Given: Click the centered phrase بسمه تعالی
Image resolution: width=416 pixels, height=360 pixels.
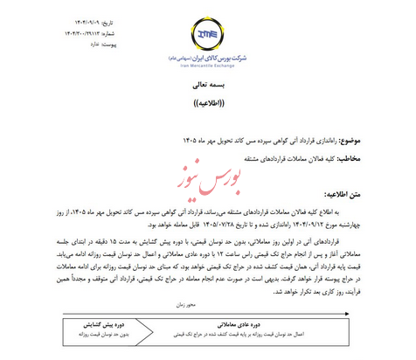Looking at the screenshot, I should click(x=208, y=87).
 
